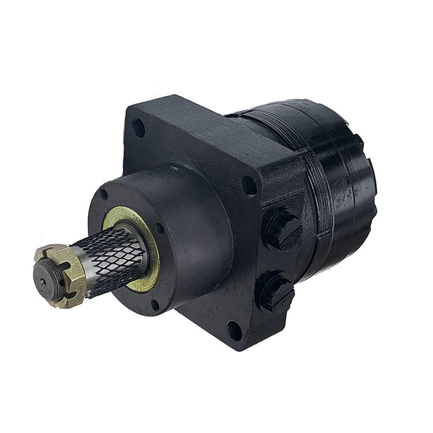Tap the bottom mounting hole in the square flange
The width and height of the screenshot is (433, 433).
coord(233,331)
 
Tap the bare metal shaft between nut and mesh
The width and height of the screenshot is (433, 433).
coord(88,267)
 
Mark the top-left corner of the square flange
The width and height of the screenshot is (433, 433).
coord(130,108)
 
